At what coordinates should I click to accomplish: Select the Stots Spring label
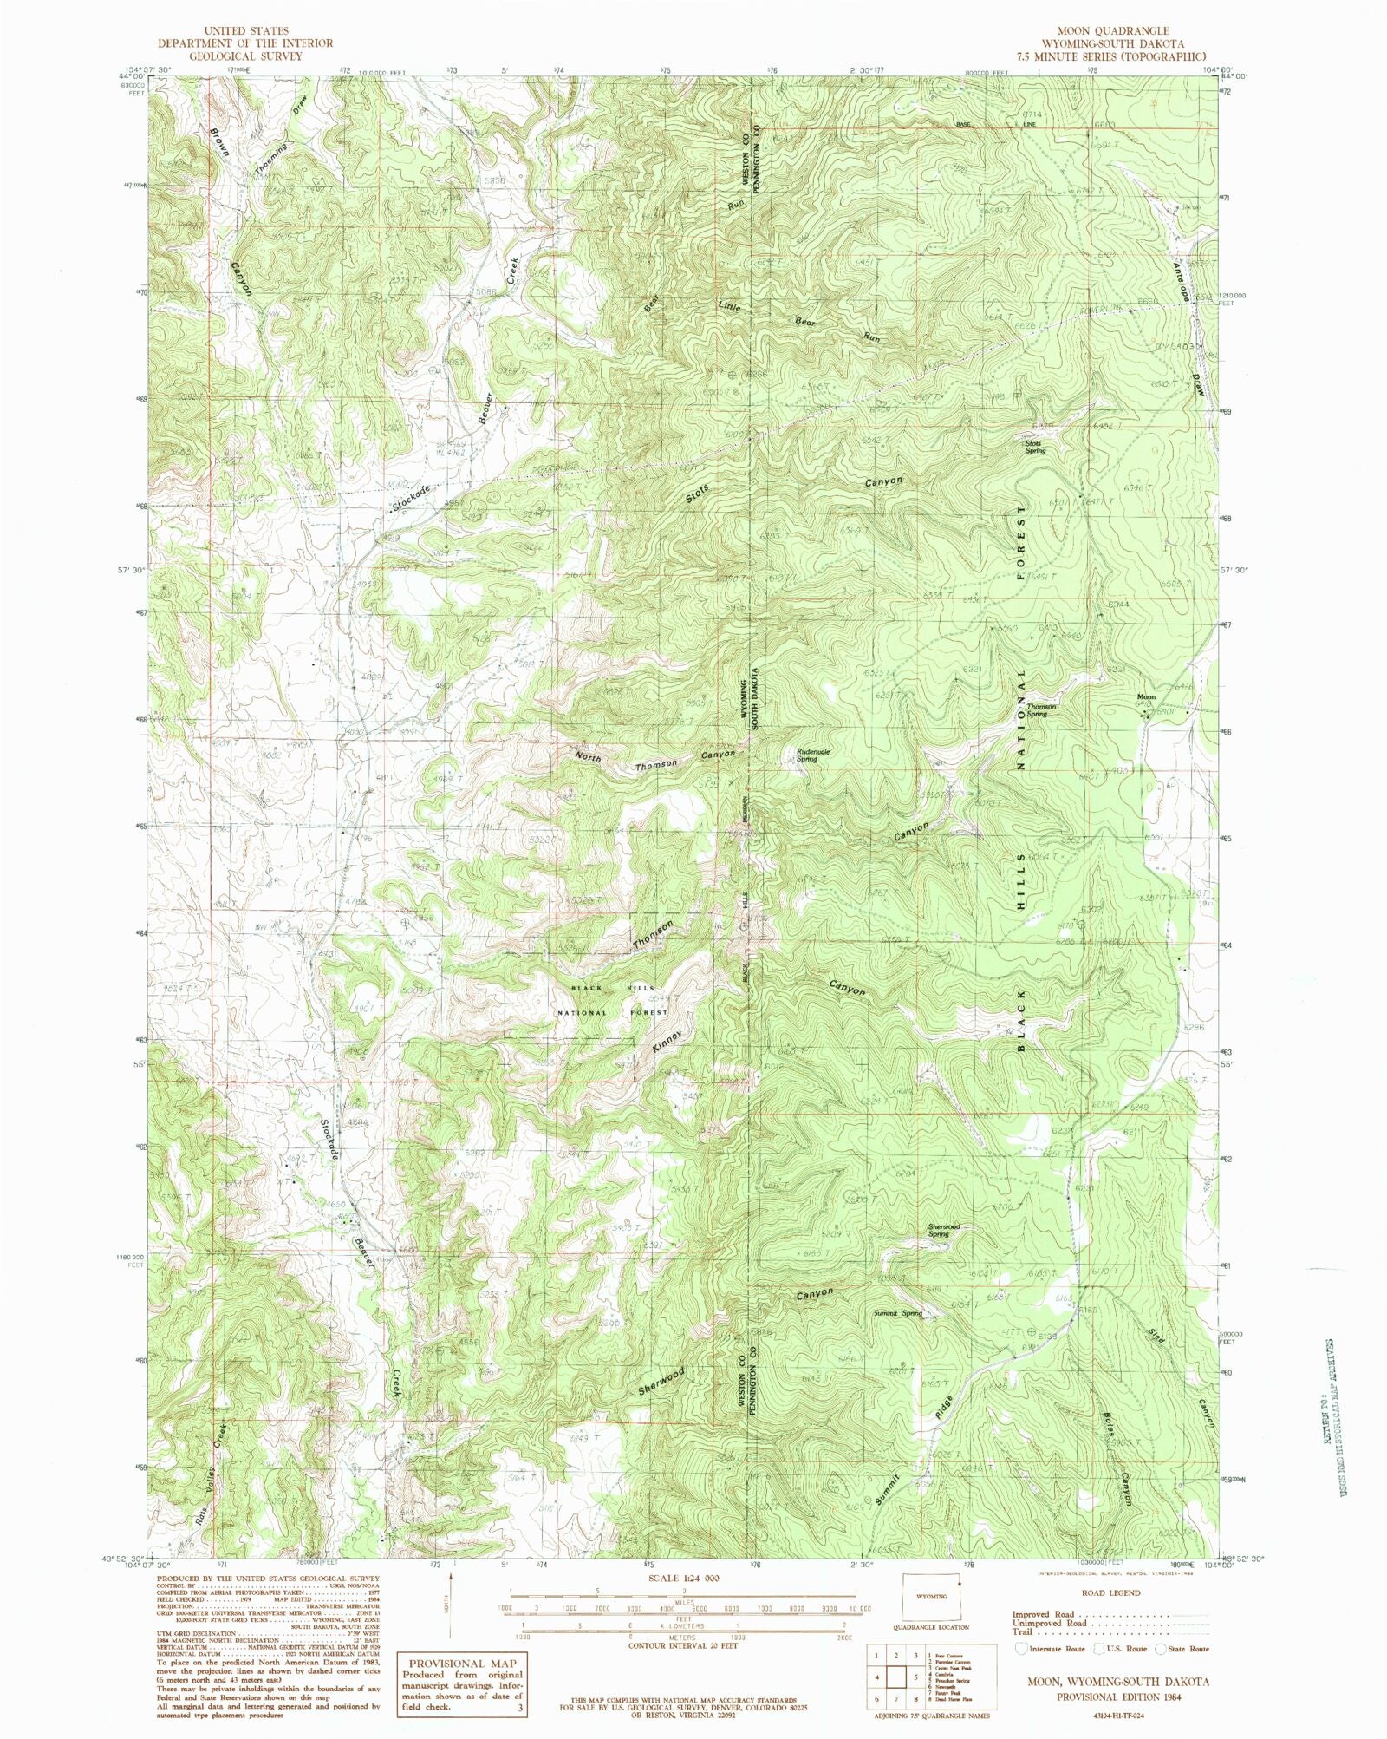pos(1034,448)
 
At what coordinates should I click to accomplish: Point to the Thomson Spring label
pos(1041,709)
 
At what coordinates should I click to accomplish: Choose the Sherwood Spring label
pos(943,1230)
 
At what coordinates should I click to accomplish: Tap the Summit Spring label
pos(898,1312)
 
